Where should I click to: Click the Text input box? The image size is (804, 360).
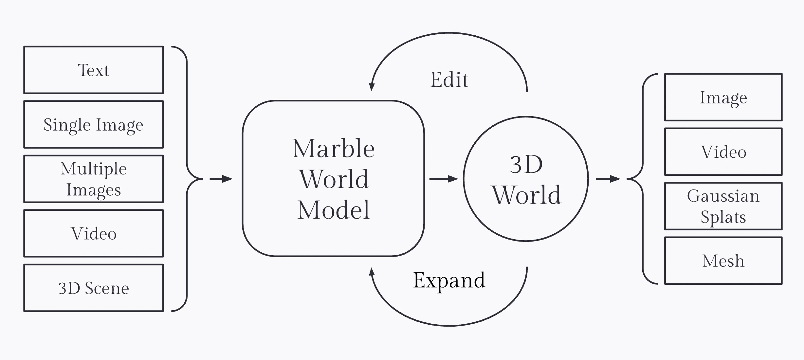click(94, 70)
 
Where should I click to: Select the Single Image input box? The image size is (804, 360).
click(94, 125)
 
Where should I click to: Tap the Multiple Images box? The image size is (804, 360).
click(94, 179)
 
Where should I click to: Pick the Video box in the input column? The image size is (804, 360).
click(94, 234)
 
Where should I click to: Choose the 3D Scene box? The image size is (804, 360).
click(94, 288)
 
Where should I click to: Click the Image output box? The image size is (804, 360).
click(723, 98)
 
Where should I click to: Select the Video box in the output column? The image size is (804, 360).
click(723, 152)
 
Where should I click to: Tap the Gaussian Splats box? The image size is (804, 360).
click(723, 206)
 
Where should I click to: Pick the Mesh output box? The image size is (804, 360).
click(723, 261)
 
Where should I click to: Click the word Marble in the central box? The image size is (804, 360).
click(333, 149)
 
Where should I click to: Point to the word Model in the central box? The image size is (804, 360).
click(333, 210)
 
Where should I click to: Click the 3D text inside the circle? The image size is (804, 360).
click(526, 164)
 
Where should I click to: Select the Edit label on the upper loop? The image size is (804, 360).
click(449, 80)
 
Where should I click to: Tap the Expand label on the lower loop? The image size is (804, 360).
click(449, 280)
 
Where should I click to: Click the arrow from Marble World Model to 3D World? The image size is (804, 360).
click(444, 179)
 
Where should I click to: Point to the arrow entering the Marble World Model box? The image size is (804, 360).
click(221, 179)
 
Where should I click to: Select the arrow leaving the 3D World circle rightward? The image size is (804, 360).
click(608, 179)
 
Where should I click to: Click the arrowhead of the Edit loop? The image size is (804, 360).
click(372, 87)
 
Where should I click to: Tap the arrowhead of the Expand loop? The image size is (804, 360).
click(372, 272)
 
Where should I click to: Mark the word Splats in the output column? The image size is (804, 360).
click(723, 217)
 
